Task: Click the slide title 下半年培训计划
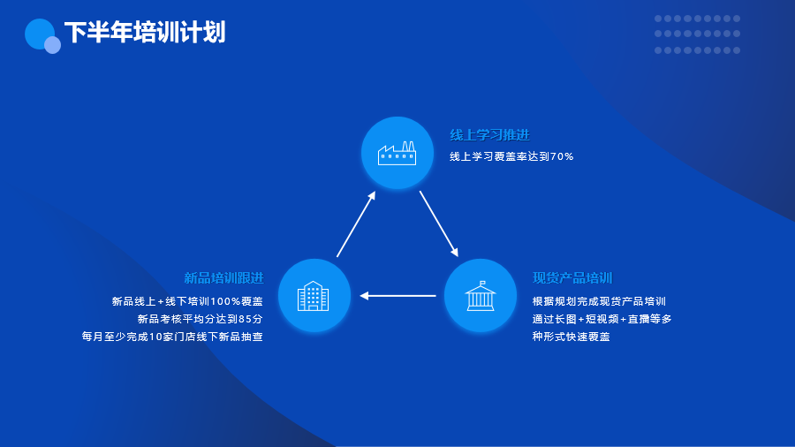(145, 33)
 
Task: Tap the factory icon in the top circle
(397, 153)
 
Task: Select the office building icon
(313, 296)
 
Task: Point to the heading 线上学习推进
(489, 135)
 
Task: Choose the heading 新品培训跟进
(223, 277)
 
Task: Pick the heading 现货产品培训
(572, 277)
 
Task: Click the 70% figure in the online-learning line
(562, 156)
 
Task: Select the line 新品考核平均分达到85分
(201, 319)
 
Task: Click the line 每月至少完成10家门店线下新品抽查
(172, 337)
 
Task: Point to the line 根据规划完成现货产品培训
(599, 301)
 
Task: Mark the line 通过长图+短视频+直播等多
(602, 319)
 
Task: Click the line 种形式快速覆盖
(571, 337)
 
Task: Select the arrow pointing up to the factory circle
(356, 224)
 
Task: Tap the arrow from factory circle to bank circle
(439, 223)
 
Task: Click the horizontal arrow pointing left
(397, 295)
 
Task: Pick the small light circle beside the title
(52, 45)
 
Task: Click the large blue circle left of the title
(40, 34)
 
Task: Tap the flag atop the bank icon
(482, 283)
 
